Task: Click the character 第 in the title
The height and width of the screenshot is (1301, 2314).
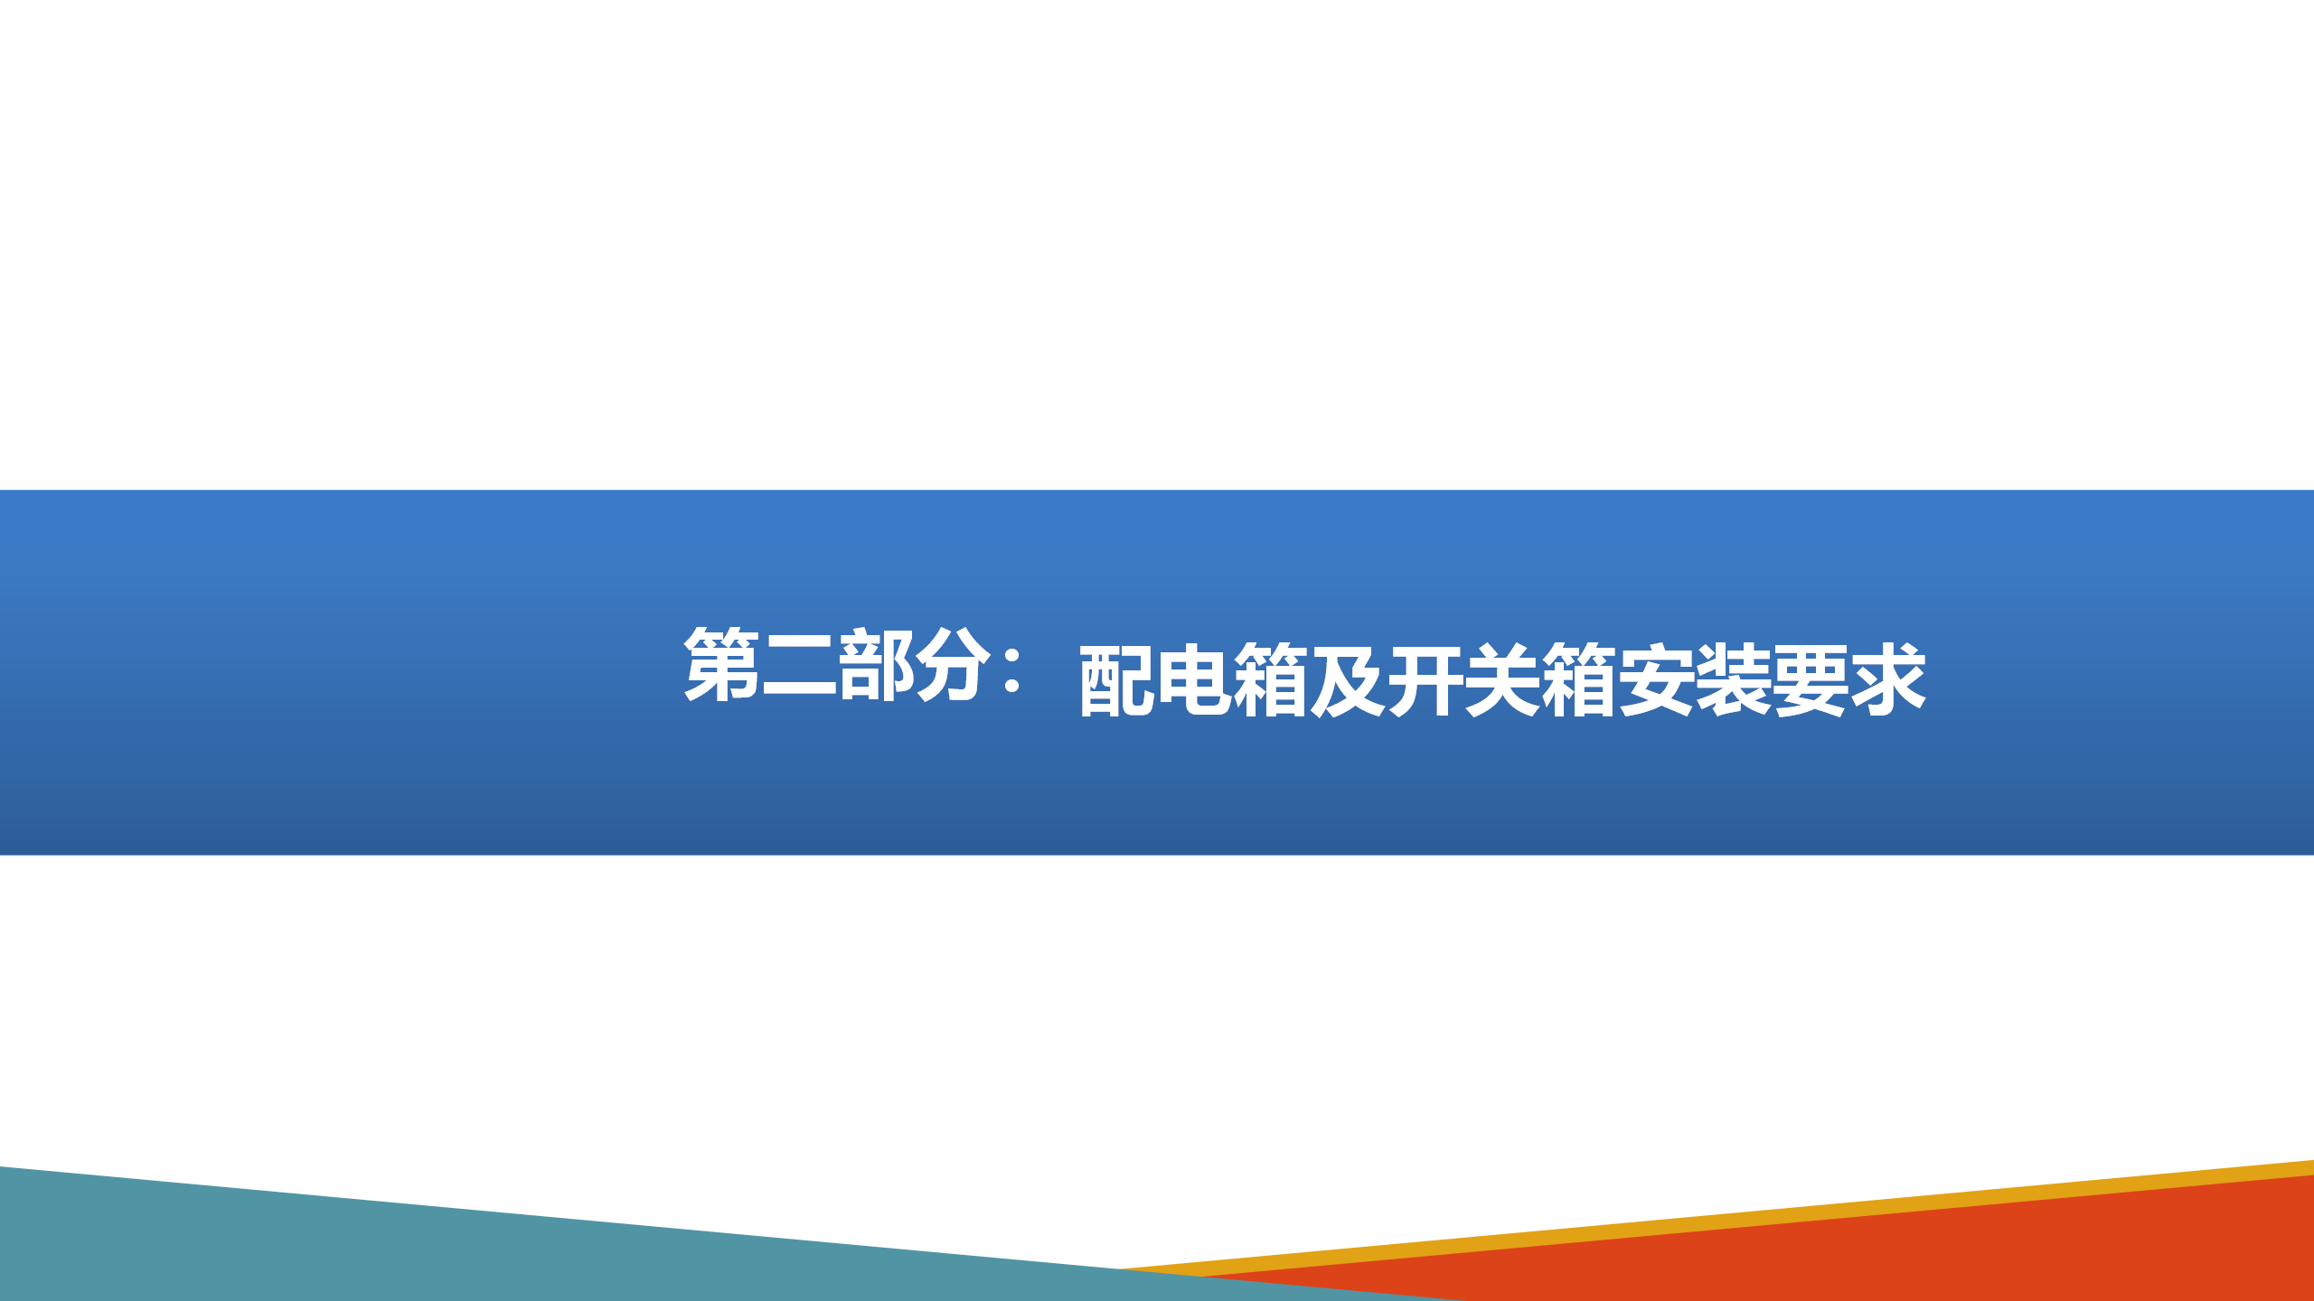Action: point(721,663)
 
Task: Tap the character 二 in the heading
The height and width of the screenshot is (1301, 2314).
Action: point(799,665)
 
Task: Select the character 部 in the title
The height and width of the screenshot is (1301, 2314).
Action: point(876,663)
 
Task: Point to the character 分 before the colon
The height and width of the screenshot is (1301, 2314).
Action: point(953,663)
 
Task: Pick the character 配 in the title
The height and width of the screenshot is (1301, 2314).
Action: point(1117,679)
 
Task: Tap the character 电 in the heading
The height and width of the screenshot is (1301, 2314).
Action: point(1195,679)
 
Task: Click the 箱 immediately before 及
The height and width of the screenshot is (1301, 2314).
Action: point(1271,679)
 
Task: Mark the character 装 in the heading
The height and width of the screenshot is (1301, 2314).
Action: point(1733,679)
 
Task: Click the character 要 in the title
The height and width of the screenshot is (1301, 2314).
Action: point(1810,679)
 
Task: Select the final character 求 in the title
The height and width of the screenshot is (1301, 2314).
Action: point(1887,679)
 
